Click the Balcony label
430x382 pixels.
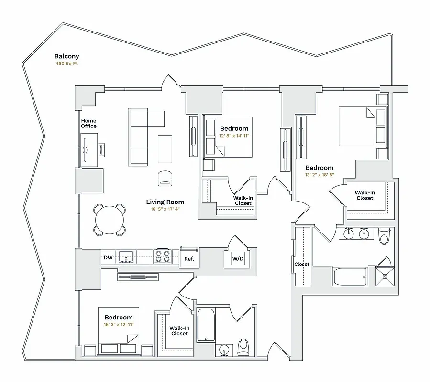[66, 56]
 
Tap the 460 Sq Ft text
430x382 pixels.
[66, 63]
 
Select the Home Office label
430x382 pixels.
[88, 123]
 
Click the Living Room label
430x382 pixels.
[165, 202]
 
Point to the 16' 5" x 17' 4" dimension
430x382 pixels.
[165, 209]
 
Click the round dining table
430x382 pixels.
[110, 220]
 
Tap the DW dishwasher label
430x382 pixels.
[109, 258]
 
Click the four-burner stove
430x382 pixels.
[163, 256]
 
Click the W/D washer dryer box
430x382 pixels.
[238, 259]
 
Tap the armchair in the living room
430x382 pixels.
[165, 178]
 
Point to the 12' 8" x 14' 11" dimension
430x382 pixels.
[234, 136]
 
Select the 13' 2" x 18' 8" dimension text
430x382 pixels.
[320, 175]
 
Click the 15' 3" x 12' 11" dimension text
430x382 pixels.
[119, 325]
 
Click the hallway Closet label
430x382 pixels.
[302, 264]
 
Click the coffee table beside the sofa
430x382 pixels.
[165, 149]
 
